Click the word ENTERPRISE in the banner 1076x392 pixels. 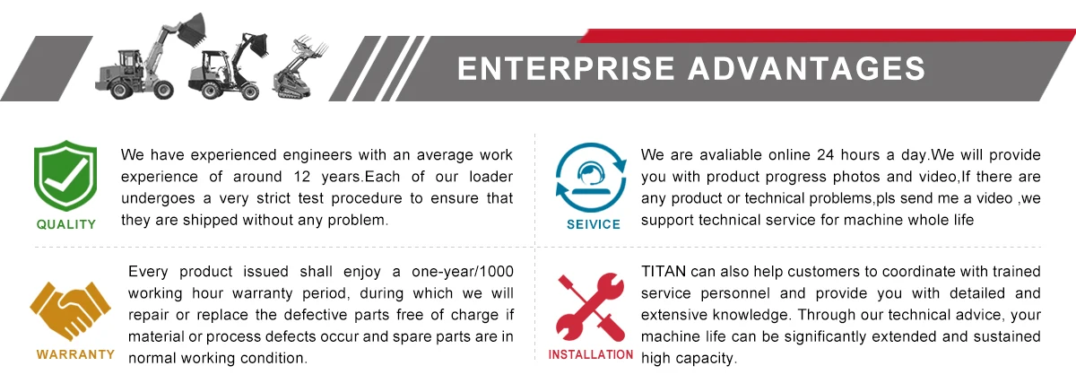(x=566, y=68)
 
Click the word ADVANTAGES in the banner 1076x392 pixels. (x=806, y=68)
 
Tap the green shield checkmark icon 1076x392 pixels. (x=65, y=175)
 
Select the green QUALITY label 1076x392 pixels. (x=66, y=224)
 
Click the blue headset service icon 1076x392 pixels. (x=591, y=178)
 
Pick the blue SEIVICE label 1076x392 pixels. (x=594, y=224)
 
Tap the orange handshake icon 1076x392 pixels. (x=71, y=310)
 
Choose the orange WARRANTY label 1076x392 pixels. (x=75, y=354)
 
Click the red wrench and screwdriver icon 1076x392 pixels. (x=591, y=308)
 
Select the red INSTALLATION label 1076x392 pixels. (x=591, y=354)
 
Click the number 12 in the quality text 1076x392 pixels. (x=302, y=177)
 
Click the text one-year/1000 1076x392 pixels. (x=463, y=272)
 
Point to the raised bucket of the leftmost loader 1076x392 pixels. (x=191, y=31)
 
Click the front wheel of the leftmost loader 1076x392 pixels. (x=163, y=90)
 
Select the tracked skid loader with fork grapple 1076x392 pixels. (x=299, y=67)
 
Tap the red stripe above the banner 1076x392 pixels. (x=826, y=36)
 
